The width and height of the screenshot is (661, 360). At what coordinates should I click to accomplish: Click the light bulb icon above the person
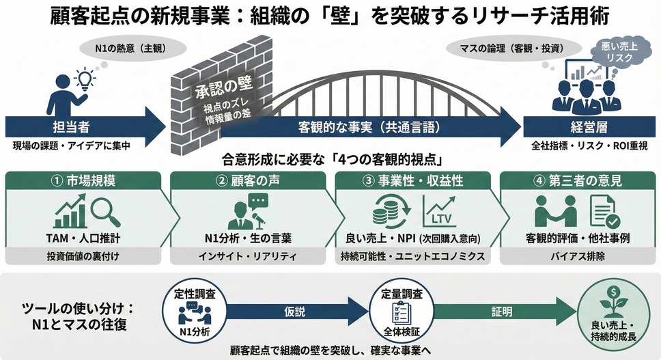click(85, 79)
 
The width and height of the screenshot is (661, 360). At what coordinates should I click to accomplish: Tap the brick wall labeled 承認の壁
click(222, 95)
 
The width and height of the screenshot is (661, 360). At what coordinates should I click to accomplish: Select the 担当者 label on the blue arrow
click(71, 127)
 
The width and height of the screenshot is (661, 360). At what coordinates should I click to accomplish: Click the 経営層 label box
click(589, 127)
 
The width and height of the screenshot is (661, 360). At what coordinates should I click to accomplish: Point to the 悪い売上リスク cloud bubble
click(619, 52)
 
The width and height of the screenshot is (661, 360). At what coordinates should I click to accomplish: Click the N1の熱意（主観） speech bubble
click(133, 49)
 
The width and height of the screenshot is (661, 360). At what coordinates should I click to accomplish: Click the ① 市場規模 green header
click(83, 180)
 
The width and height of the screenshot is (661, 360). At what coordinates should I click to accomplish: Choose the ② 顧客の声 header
click(248, 180)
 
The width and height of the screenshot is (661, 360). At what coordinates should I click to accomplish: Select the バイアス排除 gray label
click(578, 256)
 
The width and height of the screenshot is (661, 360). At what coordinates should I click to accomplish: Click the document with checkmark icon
click(604, 212)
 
